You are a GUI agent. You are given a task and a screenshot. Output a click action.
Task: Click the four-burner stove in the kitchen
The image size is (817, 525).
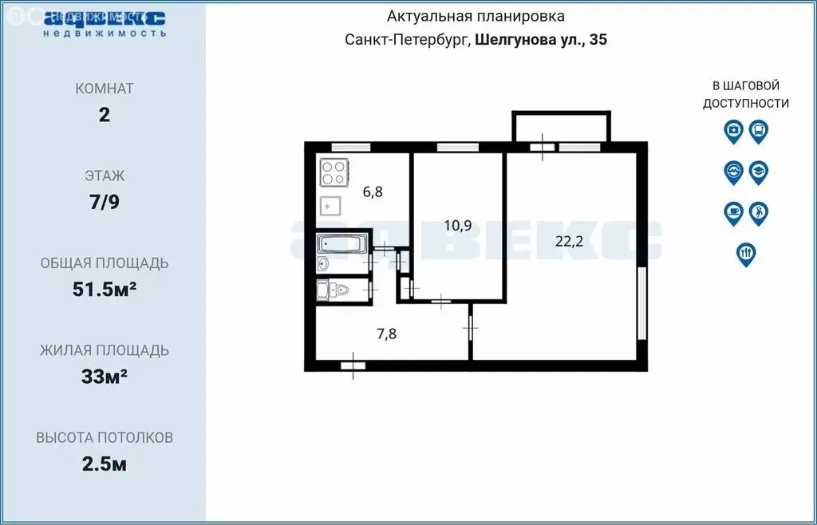(x=334, y=172)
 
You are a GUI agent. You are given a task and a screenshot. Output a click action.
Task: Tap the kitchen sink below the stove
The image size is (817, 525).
(x=331, y=206)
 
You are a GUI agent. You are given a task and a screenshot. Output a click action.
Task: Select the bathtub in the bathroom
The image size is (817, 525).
(x=341, y=243)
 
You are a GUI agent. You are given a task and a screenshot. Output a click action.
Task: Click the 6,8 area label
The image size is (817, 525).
(x=373, y=191)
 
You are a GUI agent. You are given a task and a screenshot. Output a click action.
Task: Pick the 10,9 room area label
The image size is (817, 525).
(x=457, y=225)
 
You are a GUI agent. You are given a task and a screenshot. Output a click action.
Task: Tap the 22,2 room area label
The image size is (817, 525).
(x=569, y=242)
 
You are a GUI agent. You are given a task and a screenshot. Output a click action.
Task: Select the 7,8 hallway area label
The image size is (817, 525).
(x=386, y=334)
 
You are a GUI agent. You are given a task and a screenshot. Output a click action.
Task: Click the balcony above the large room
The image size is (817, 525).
(x=562, y=126)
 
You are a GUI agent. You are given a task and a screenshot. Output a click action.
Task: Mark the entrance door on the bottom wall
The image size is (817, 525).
(x=352, y=365)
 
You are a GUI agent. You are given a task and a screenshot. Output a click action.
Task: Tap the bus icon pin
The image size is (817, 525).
(x=759, y=131)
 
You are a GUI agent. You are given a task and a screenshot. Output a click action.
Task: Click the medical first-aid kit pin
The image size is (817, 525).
(x=733, y=131)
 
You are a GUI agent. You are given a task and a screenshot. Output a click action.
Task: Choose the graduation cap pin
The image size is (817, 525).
(x=759, y=172)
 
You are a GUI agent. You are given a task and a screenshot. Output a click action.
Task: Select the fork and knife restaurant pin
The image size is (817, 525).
(x=746, y=254)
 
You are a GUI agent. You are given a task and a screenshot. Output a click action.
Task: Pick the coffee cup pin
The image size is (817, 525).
(x=733, y=213)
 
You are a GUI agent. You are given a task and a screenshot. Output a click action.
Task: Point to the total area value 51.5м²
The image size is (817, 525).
(x=105, y=289)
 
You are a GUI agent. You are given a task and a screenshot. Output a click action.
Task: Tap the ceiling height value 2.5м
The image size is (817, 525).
(x=105, y=464)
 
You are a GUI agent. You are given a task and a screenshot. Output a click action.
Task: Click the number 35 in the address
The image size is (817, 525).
(x=598, y=40)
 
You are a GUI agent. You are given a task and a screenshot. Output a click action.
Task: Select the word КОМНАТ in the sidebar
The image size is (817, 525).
(x=105, y=89)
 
